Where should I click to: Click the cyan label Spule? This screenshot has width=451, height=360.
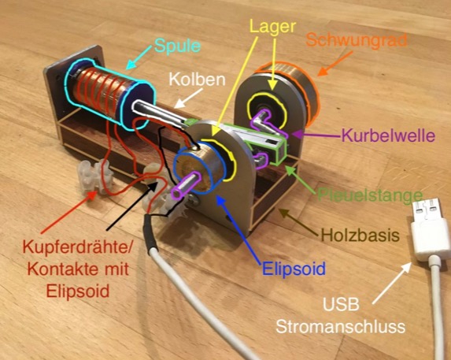177,46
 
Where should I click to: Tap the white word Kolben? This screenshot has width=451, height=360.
197,79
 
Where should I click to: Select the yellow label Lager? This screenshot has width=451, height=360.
272,27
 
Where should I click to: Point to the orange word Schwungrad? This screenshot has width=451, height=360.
357,41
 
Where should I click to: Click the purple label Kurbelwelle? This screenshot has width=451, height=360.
388,135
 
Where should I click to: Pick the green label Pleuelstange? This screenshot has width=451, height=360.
370,195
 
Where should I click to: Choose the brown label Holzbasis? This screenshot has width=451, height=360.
360,235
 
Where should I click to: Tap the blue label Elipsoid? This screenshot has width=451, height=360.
294,269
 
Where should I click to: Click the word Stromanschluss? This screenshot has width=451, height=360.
341,327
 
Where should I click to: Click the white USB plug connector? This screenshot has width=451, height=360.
428,229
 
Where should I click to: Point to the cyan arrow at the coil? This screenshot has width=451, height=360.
139,58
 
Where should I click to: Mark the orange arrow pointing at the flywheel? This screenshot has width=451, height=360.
335,64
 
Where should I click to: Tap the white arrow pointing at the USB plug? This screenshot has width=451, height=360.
392,283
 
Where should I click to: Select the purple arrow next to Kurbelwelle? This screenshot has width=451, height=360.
316,134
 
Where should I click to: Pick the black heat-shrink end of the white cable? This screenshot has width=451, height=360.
150,236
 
